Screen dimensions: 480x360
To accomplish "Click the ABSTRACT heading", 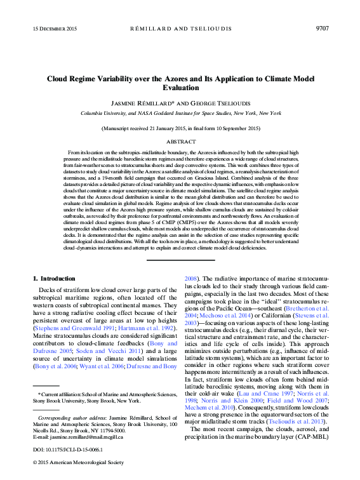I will point(180,142).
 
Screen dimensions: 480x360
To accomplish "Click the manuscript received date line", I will point(180,128).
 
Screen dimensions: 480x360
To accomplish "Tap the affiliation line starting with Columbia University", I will point(180,113).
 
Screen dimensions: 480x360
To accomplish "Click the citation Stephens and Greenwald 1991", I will point(67,330).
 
